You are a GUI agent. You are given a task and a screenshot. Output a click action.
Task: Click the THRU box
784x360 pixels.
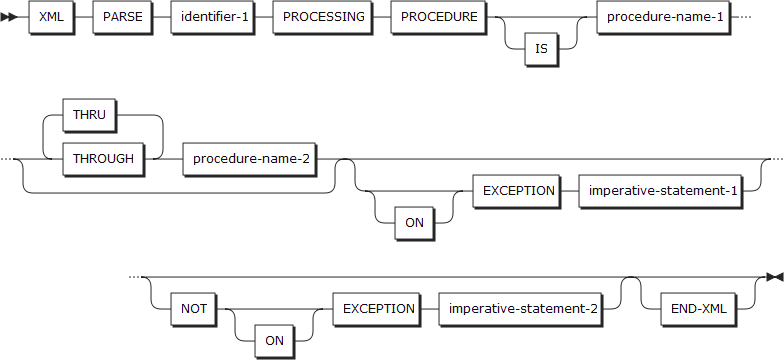90,115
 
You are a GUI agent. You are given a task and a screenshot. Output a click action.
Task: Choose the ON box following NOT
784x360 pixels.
273,339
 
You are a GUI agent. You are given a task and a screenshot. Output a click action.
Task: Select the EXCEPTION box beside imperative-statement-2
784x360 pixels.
378,308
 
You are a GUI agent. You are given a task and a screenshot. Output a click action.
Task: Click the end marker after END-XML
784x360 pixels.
772,275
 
